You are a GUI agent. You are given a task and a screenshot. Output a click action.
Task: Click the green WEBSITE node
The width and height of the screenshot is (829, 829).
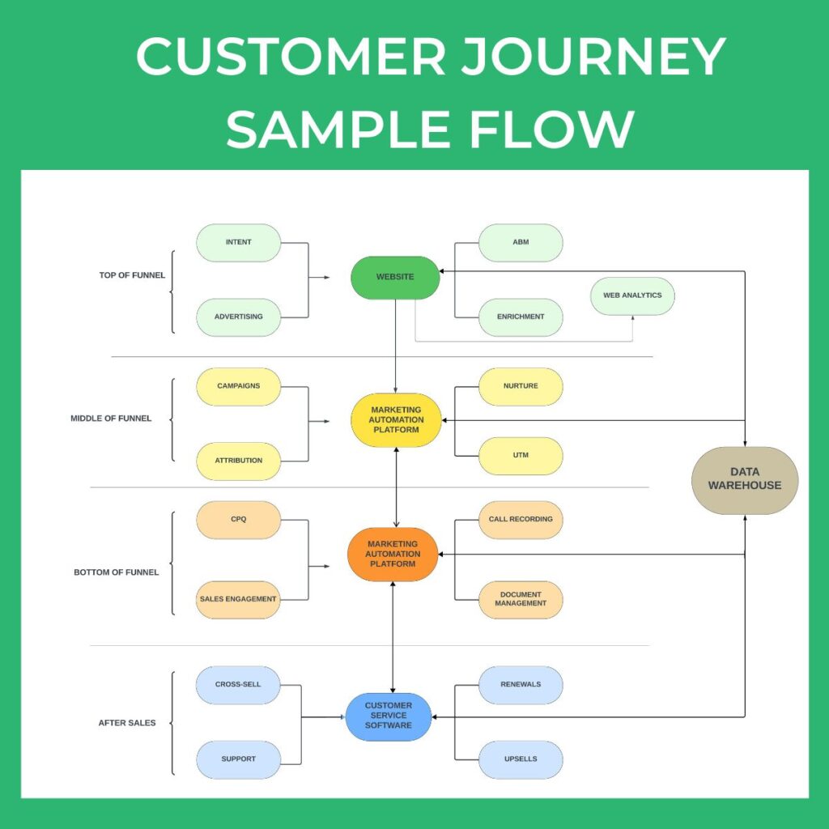click(x=395, y=277)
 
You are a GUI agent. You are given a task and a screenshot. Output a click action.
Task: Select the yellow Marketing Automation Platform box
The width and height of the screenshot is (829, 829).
click(x=396, y=420)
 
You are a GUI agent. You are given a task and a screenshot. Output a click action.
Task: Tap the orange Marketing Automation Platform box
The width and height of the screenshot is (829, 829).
click(x=393, y=554)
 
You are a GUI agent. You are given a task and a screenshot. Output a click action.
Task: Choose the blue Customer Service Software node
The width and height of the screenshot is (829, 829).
click(x=389, y=716)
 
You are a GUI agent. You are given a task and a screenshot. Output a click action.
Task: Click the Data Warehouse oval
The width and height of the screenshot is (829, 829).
click(x=745, y=479)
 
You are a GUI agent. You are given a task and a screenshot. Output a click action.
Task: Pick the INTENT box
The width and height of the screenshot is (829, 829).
click(x=239, y=242)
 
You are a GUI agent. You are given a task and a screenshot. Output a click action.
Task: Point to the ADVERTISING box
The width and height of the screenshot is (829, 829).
click(x=239, y=317)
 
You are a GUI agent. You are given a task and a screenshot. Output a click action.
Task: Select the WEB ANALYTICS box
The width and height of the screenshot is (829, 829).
click(x=632, y=295)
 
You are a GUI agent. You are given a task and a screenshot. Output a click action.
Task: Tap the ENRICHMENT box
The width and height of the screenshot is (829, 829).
click(x=521, y=317)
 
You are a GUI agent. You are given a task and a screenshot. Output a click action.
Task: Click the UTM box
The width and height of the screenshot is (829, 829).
click(x=521, y=455)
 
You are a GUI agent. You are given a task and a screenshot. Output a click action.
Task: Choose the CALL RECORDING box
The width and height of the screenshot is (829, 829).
click(x=521, y=519)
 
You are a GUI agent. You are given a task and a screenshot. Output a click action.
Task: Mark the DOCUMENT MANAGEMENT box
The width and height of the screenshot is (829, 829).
click(x=521, y=599)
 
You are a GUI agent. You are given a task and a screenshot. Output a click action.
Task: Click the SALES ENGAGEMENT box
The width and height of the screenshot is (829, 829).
click(x=238, y=599)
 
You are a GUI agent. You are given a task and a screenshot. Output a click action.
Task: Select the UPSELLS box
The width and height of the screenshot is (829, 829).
click(x=521, y=759)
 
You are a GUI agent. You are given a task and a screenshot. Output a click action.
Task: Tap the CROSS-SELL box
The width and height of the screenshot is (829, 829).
click(x=238, y=684)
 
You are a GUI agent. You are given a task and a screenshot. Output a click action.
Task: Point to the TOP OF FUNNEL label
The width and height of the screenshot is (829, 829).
click(x=132, y=275)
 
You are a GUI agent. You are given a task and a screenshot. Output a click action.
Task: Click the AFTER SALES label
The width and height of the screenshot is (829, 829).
click(x=127, y=723)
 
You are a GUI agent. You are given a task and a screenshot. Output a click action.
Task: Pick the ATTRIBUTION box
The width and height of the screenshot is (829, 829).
click(x=239, y=461)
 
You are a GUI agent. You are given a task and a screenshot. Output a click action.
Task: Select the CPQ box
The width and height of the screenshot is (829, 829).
click(x=238, y=519)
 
